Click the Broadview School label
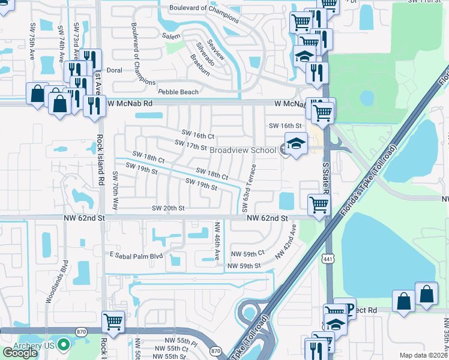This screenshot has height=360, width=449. click(243, 149)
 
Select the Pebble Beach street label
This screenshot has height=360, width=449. click(178, 92)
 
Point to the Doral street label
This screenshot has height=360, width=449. click(114, 70)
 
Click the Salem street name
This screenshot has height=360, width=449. click(171, 37)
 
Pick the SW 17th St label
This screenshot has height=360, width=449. click(190, 145)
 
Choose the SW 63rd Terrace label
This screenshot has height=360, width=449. click(248, 188)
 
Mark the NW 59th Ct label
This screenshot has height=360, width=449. click(247, 254)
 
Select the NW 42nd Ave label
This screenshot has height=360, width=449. click(287, 242)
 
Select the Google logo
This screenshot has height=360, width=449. click(20, 353)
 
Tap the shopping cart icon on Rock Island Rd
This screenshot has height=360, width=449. click(113, 322)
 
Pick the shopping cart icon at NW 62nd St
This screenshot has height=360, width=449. click(319, 205)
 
